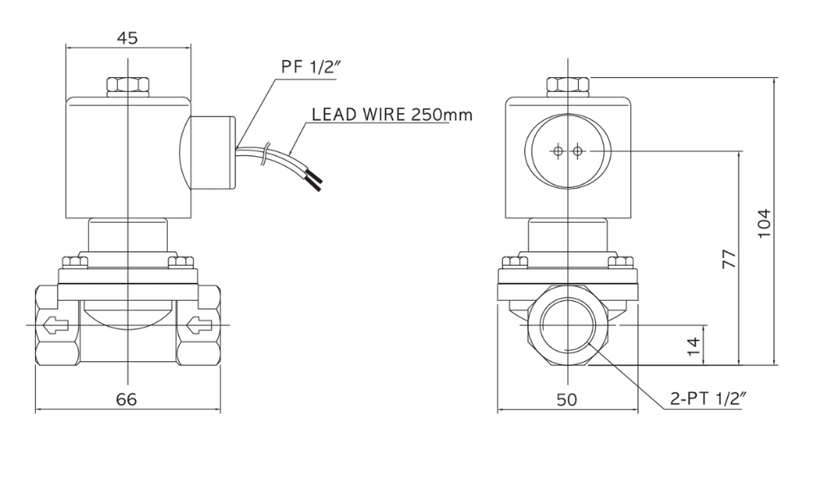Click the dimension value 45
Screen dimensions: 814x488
[x=127, y=38]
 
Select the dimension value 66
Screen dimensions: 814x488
[x=127, y=399]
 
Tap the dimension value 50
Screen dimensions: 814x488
[x=567, y=399]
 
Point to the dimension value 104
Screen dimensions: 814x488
[x=764, y=224]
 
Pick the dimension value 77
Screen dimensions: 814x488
[x=729, y=259]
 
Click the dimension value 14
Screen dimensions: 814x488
[x=694, y=346]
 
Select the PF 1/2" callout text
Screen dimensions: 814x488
[x=310, y=67]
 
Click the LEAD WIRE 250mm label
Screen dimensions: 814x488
[x=392, y=114]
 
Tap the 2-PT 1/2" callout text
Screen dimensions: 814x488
[x=708, y=399]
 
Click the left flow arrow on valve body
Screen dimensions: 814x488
[x=55, y=325]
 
